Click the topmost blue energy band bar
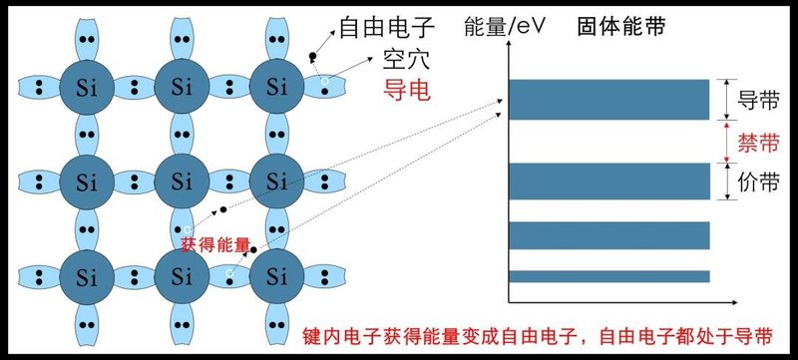(x=608, y=99)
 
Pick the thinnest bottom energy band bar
(x=608, y=276)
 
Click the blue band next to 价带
(x=608, y=182)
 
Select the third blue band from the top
(x=608, y=235)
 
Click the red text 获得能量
(x=215, y=243)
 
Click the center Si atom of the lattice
(x=181, y=181)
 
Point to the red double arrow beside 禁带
(x=727, y=143)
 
